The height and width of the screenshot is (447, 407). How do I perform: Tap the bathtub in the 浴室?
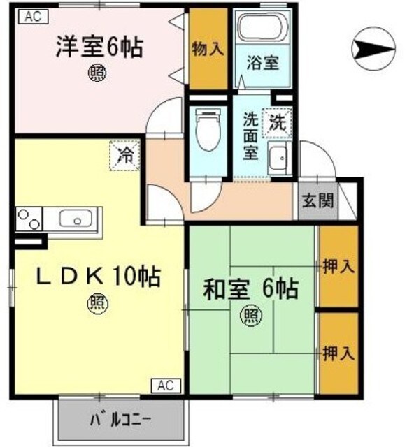(262, 29)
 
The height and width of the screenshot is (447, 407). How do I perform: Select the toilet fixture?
(208, 133)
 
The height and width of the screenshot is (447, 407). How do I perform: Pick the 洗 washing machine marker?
(278, 124)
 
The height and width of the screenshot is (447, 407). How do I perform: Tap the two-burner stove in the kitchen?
(26, 220)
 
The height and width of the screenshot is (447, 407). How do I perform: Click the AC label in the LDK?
(165, 385)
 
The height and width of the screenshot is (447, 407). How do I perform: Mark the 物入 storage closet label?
(208, 49)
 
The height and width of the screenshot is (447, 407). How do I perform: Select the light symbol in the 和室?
(250, 316)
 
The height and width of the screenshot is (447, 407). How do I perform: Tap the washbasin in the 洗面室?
(278, 159)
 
